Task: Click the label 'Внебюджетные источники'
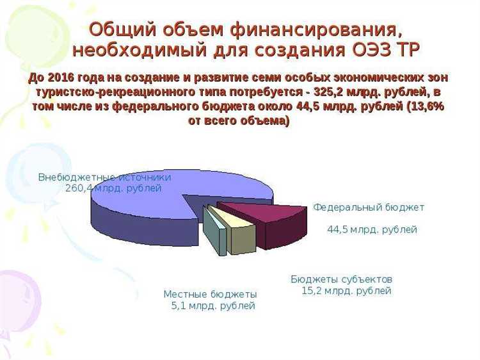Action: pyautogui.click(x=104, y=177)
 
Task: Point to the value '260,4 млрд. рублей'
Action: pyautogui.click(x=113, y=188)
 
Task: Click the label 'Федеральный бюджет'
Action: pyautogui.click(x=369, y=208)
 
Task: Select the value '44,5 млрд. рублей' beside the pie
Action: pyautogui.click(x=372, y=229)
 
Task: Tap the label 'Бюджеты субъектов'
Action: pyautogui.click(x=341, y=280)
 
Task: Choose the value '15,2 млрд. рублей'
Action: pyautogui.click(x=346, y=291)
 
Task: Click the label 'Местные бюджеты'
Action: pyautogui.click(x=210, y=294)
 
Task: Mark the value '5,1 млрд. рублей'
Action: pyautogui.click(x=213, y=306)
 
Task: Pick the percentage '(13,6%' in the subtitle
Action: pyautogui.click(x=424, y=106)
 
